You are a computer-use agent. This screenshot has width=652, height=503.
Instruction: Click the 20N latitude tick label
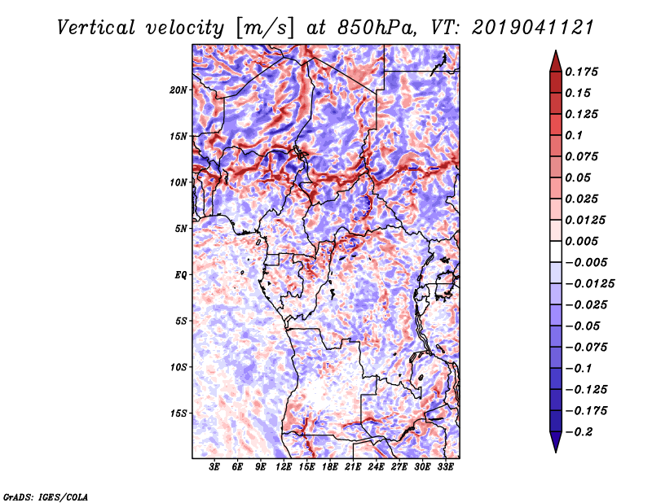click(178, 90)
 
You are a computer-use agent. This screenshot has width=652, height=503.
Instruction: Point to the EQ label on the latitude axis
click(180, 275)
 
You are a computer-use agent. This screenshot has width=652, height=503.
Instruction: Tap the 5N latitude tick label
click(181, 229)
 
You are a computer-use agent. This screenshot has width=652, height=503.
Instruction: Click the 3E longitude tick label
click(214, 467)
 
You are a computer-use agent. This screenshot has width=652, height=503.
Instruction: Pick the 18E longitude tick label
click(330, 467)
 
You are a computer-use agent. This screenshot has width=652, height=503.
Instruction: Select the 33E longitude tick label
click(445, 467)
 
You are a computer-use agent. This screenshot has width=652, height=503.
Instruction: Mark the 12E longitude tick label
click(284, 467)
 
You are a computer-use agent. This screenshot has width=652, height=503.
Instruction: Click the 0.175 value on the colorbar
click(581, 72)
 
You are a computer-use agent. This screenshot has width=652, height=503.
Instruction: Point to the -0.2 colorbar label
click(579, 432)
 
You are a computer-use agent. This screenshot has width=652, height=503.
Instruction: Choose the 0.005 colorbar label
click(581, 241)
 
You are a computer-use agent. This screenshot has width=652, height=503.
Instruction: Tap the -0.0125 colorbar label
click(589, 284)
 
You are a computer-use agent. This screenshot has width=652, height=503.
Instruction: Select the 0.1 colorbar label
click(574, 135)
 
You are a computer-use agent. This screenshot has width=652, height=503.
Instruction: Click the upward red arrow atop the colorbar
click(556, 61)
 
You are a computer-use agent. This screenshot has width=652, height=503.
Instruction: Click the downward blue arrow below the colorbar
click(556, 442)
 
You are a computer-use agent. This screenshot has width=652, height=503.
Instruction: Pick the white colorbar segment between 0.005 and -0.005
click(556, 251)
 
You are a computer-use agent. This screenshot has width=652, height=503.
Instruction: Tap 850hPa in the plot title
click(377, 28)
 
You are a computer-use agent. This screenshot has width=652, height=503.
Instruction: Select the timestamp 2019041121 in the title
click(533, 28)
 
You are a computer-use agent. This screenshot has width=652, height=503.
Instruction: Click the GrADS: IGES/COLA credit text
click(46, 497)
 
